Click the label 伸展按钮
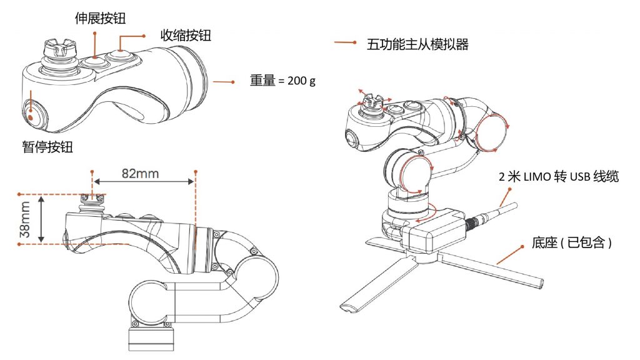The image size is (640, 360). [99, 18]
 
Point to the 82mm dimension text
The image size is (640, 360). [139, 173]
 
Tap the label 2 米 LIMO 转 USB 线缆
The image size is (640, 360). [558, 177]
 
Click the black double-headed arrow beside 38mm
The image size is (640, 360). [41, 218]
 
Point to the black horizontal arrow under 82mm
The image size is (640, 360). [143, 182]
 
